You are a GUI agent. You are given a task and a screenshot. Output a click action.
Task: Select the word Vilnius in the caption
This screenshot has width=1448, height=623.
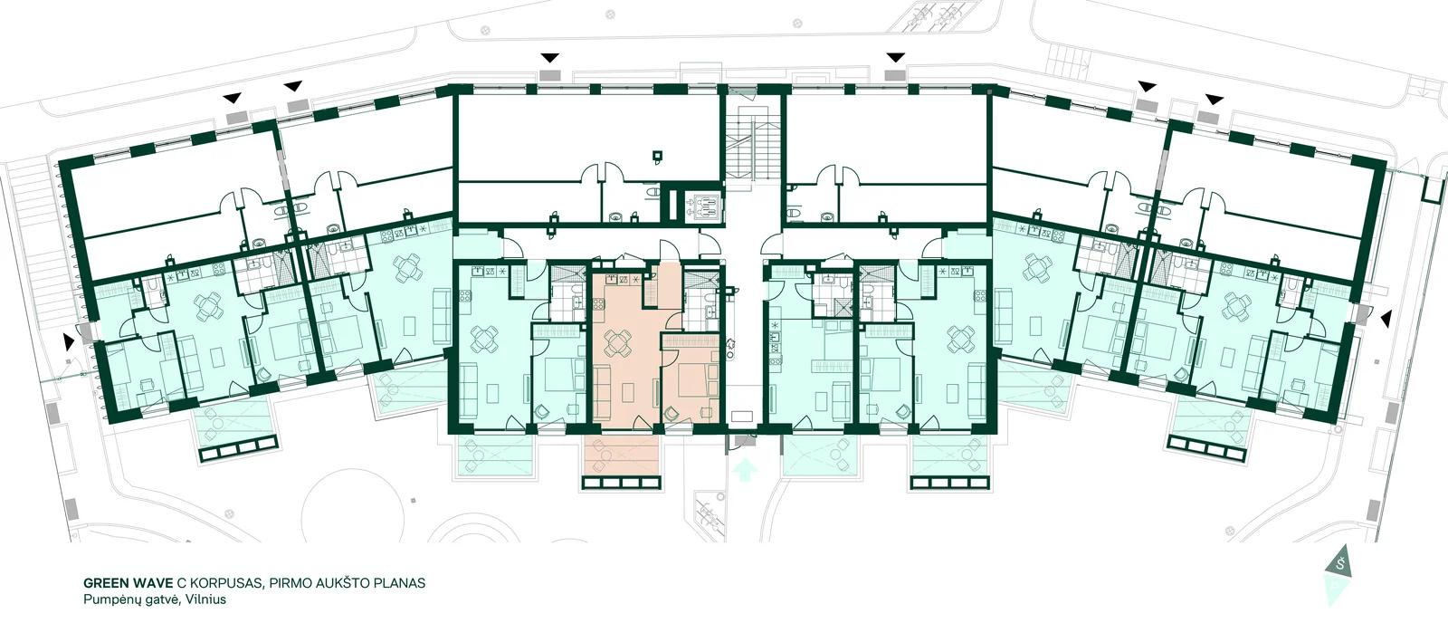click(205, 599)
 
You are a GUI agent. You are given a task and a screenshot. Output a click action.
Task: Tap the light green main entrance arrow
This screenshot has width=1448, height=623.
click(746, 470)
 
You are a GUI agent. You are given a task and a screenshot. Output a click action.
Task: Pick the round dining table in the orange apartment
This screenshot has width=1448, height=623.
click(617, 342)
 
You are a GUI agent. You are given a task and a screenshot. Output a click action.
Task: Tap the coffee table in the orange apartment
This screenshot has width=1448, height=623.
click(628, 392)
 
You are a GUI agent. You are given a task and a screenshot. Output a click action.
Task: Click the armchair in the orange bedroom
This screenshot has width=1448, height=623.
click(673, 411)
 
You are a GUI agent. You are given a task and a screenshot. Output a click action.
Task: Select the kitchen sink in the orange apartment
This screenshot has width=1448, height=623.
click(611, 279)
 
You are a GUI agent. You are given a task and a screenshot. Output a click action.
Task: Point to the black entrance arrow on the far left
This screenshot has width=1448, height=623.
click(68, 340)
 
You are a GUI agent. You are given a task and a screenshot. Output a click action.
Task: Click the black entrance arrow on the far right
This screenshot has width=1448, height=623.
click(1386, 319)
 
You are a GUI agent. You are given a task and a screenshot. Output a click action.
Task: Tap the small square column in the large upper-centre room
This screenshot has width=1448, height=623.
click(657, 155)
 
